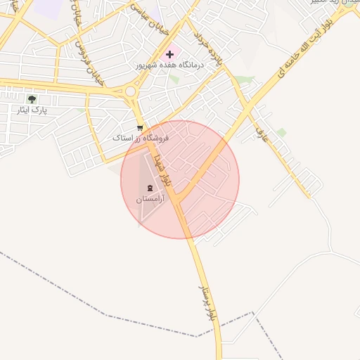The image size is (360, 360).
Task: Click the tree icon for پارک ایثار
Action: point(32,99)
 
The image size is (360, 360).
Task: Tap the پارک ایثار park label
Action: point(32,110)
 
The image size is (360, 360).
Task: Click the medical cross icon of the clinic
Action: point(169,54)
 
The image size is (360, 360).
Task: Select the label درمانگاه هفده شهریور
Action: point(169,65)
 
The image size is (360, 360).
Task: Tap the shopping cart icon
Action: point(140,128)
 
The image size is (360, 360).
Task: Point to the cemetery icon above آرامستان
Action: point(149,188)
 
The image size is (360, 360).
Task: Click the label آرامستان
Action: point(149,200)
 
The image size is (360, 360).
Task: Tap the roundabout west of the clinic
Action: point(130,91)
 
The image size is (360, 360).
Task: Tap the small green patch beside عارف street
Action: point(281,131)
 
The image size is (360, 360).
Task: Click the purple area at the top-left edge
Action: point(48,7)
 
